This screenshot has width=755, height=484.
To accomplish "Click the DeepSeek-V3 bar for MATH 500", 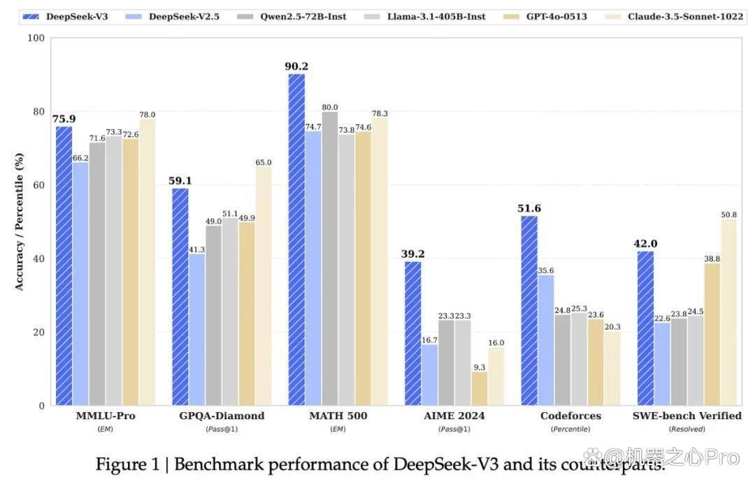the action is pos(296,240).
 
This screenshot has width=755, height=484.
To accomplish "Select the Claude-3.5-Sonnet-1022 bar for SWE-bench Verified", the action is pos(728,312).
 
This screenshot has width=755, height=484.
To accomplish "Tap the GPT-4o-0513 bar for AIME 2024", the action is pos(479,388).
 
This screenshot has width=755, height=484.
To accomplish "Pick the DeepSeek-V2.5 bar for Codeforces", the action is pos(545,340).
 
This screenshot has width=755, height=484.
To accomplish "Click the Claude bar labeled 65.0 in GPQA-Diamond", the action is pos(264,286).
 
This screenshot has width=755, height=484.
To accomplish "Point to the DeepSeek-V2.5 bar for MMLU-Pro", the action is pos(80,284).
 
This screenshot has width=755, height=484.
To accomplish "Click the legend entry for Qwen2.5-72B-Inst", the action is pos(292,16).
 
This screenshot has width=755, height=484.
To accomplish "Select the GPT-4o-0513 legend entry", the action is pos(545,16).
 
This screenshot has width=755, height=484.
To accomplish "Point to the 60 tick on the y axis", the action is pos(38,185).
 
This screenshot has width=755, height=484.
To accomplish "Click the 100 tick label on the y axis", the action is pos(36,38).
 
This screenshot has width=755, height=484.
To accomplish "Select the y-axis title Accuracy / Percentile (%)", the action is pos(19,222).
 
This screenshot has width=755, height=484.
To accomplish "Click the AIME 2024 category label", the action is pos(454,416).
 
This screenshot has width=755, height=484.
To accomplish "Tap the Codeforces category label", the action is pos(570,416).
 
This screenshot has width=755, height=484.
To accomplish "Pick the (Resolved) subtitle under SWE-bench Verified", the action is pos(686,429).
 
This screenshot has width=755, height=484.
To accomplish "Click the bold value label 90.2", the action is pos(296,66).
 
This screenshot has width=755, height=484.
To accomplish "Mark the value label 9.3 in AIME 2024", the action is pos(479,367).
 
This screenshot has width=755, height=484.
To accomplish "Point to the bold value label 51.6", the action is pos(529,208).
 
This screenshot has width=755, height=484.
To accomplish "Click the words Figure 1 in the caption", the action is pos(127,464).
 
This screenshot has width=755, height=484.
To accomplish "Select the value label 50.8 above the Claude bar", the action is pos(728,214).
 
